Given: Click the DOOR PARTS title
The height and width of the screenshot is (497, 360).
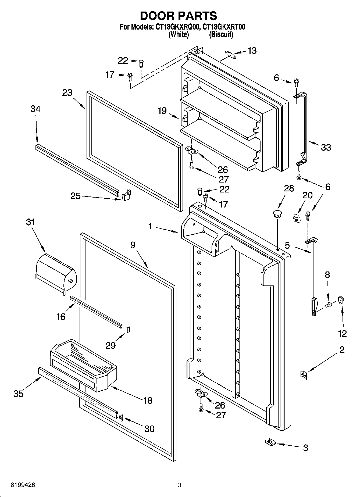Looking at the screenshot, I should [179, 16].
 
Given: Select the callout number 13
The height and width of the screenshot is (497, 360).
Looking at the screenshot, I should [252, 51].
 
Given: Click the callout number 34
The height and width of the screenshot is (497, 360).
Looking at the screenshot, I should [35, 109].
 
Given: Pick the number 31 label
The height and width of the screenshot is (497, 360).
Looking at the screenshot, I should [31, 222].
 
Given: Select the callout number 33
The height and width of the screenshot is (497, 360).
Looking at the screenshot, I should [326, 147].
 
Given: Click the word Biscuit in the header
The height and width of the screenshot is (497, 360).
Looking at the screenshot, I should [221, 35].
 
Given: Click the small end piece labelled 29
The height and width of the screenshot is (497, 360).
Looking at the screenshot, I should [128, 329].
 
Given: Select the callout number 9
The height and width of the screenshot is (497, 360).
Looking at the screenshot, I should [133, 245].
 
